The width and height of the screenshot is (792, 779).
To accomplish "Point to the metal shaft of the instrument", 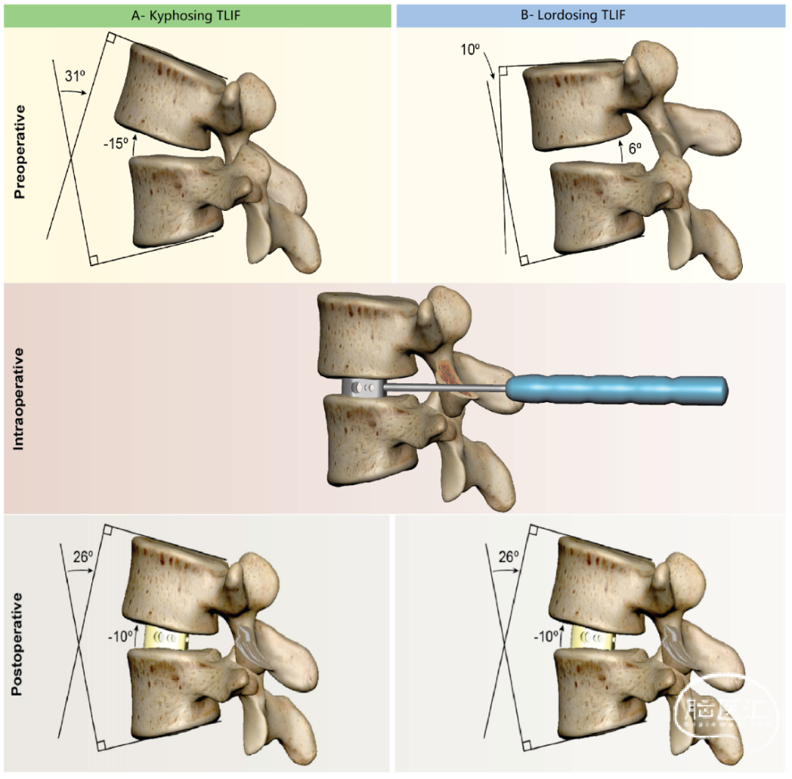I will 447,388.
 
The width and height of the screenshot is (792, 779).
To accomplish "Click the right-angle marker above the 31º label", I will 110,38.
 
